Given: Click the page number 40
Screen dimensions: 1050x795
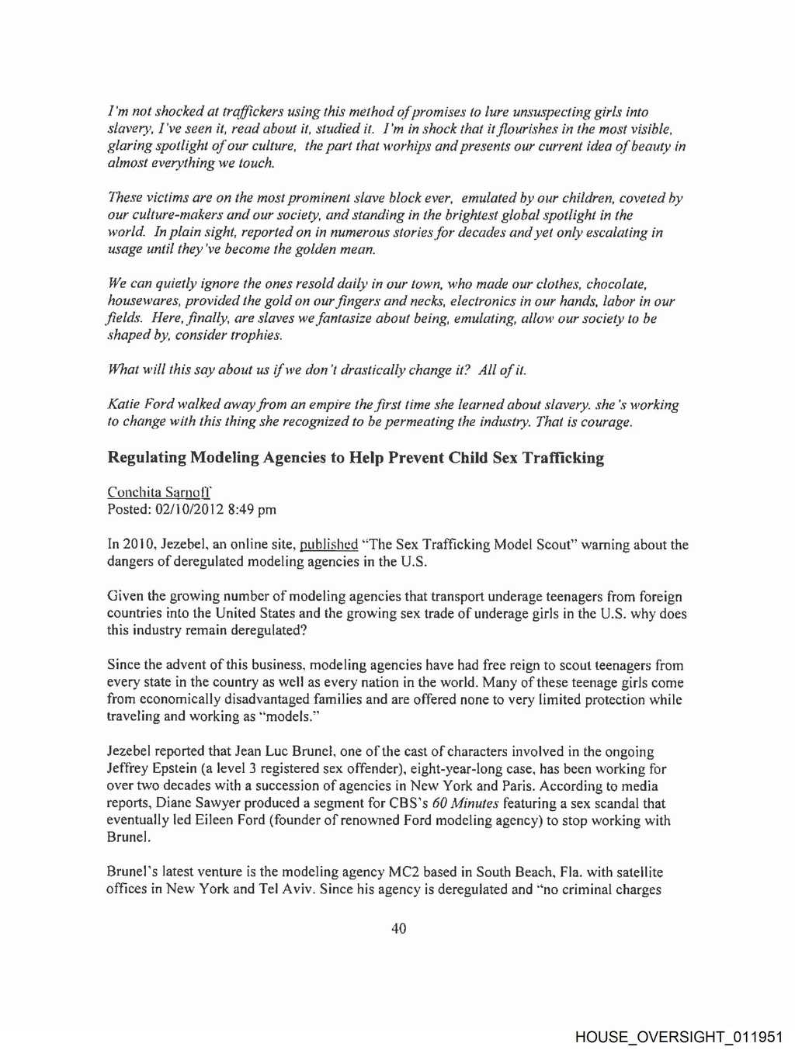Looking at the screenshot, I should [398, 928].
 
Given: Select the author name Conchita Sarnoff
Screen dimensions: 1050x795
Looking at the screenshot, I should [159, 492].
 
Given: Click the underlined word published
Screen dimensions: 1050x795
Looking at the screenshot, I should [328, 545].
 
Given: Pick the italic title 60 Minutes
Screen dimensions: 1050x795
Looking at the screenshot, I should [465, 803].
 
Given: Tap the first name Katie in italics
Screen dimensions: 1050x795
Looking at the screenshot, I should [123, 405].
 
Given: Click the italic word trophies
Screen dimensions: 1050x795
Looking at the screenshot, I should [256, 335].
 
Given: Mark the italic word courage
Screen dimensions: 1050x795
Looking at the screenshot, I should [607, 422].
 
